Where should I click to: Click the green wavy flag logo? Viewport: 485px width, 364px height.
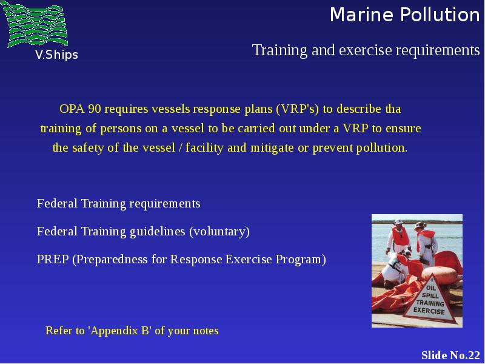(35, 24)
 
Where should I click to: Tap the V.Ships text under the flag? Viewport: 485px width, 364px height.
(56, 55)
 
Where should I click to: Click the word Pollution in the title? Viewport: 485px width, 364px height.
(440, 15)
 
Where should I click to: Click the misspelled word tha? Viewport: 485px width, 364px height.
(393, 109)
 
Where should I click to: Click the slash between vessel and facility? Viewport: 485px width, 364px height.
(180, 147)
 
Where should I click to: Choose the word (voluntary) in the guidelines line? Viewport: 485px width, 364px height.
(219, 232)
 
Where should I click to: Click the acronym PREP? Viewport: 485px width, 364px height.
(53, 260)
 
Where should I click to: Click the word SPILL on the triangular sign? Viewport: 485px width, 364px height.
(430, 295)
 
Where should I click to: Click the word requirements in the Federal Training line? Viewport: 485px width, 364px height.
(165, 204)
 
